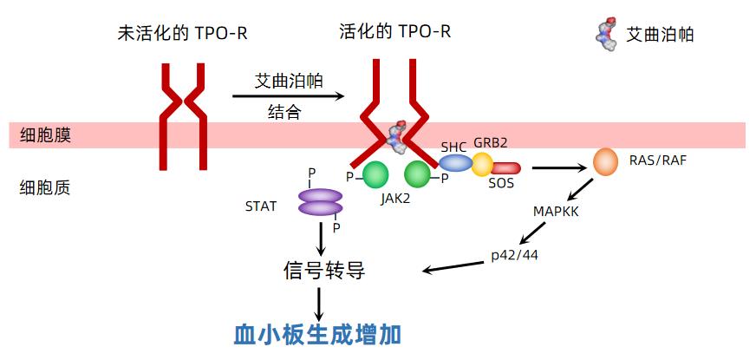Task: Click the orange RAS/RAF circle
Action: pos(607,160)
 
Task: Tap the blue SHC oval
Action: pos(455,162)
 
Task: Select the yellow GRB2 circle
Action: pos(482,164)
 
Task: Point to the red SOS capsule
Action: pos(505,167)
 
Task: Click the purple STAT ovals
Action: pos(321,202)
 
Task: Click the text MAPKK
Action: pos(555,211)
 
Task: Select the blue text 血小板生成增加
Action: pos(318,334)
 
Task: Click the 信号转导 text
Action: pos(323,271)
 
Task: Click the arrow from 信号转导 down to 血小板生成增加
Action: pos(320,302)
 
